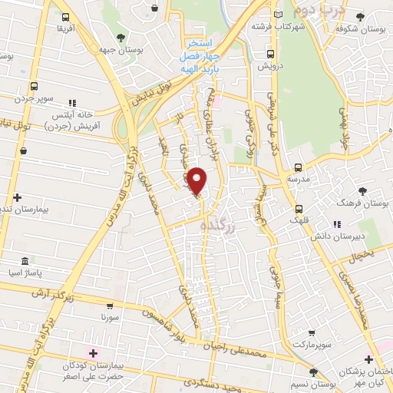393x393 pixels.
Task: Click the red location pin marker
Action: [x=197, y=181]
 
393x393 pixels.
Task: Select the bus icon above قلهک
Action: [x=299, y=208]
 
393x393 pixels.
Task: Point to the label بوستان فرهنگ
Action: [x=362, y=203]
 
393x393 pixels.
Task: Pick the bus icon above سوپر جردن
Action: [x=34, y=88]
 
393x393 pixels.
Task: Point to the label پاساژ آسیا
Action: [x=31, y=272]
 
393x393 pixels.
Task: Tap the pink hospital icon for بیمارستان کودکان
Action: [x=94, y=353]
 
